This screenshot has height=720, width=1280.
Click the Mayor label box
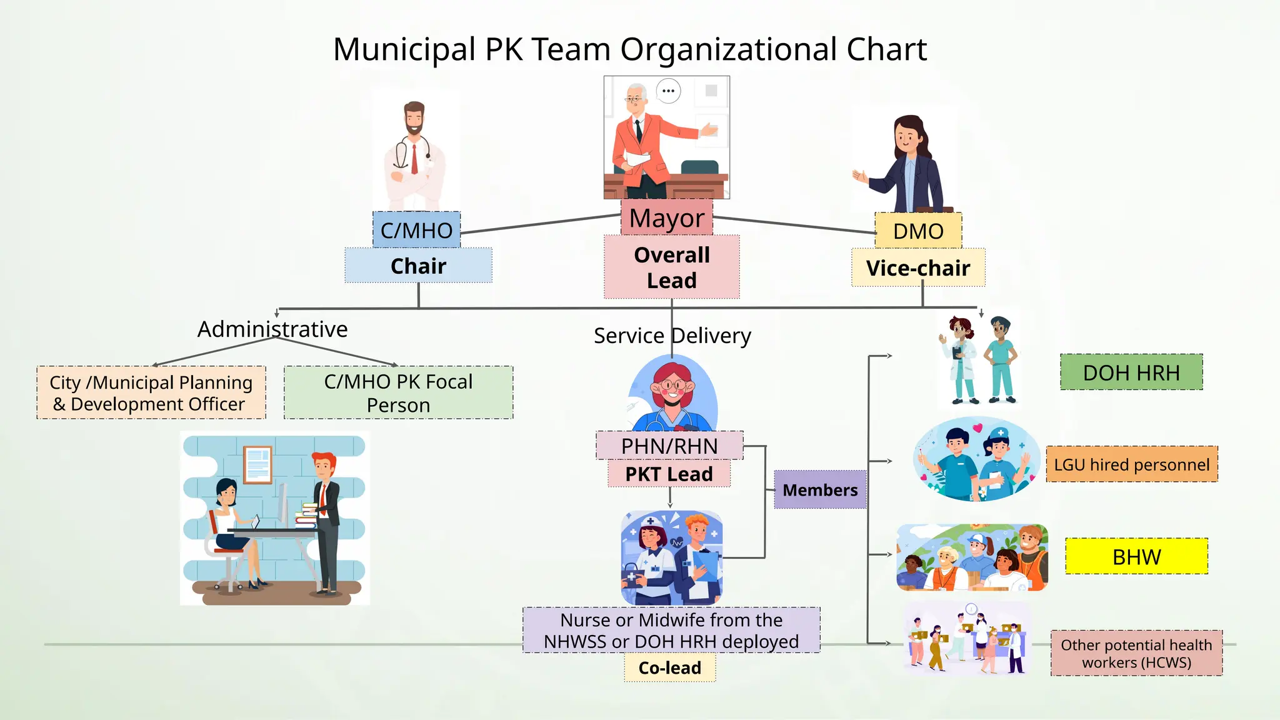pos(667,217)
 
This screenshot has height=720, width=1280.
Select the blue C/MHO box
pos(416,230)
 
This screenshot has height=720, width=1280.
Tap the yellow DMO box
pos(918,231)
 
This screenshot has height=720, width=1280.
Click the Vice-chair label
pos(918,268)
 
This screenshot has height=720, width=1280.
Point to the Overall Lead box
pos(672,267)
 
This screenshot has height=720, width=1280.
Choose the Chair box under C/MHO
pos(418,266)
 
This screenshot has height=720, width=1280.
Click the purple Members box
pos(820,489)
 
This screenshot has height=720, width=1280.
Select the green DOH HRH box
pos(1131,372)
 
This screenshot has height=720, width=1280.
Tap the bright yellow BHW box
pos(1137,556)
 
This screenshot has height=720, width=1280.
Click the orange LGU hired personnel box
pos(1132,464)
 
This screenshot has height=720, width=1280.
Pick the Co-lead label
pos(670,667)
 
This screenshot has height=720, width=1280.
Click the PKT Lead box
pos(669,474)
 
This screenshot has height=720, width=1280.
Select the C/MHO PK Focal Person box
pos(399,392)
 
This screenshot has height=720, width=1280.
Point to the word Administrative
pos(272,329)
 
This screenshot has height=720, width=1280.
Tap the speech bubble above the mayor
pos(668,91)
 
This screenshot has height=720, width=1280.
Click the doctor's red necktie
pos(414,159)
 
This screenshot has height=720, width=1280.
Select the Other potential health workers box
pos(1137,653)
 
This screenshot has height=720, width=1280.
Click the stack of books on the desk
pos(307,515)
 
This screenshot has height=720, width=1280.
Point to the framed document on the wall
pos(257,465)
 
